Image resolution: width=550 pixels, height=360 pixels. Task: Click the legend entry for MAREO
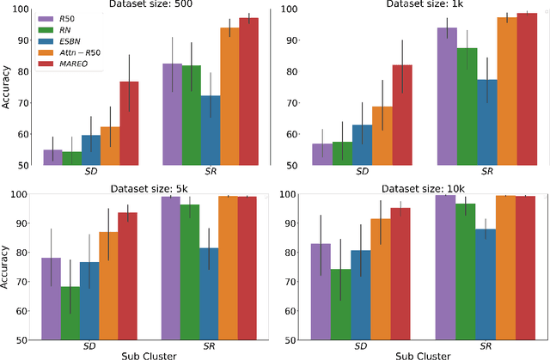(75, 64)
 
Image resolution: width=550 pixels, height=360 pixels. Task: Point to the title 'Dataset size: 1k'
(423, 4)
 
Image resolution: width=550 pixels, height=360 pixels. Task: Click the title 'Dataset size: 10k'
(423, 188)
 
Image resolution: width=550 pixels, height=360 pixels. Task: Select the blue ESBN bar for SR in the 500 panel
(211, 130)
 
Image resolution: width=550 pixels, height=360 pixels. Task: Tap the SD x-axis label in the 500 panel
(89, 172)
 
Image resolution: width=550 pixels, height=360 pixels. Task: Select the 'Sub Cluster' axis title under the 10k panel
(423, 353)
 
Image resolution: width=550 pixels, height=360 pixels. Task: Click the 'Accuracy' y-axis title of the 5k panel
(7, 266)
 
